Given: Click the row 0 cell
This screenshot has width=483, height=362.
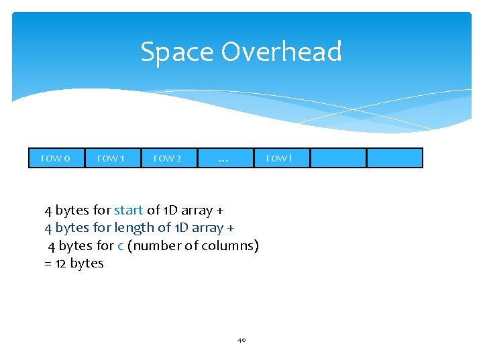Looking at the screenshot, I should pos(56,158).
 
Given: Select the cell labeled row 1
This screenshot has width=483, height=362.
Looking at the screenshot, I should pos(112,158).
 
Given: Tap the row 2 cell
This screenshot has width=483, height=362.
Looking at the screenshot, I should pos(168,158).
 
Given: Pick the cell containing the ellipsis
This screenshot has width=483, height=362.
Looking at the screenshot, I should pos(224,158).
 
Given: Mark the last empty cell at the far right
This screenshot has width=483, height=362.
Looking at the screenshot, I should pos(394,158).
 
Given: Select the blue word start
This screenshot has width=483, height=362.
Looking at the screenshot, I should pos(128,210).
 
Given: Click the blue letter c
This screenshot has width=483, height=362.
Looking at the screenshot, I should pos(120,245).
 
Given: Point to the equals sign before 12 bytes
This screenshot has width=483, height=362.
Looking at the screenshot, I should pos(48,263).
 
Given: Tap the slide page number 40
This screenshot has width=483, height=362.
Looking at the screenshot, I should pos(241,341).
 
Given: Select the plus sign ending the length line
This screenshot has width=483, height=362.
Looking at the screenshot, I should pos(230,229).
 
